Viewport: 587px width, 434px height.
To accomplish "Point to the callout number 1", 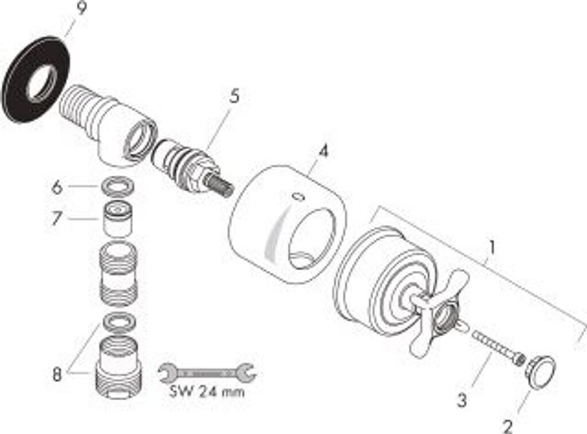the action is point(491,247).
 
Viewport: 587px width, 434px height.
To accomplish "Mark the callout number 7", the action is point(56,218).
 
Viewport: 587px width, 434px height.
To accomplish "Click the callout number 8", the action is point(56,375).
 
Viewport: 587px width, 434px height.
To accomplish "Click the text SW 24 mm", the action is point(208,393).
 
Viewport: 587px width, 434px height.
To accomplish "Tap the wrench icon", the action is point(207,374).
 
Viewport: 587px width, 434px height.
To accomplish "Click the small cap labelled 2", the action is point(541,372).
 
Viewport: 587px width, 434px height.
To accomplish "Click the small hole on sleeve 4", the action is point(297,197).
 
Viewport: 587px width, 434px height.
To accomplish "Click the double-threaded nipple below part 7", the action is point(119,274).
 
